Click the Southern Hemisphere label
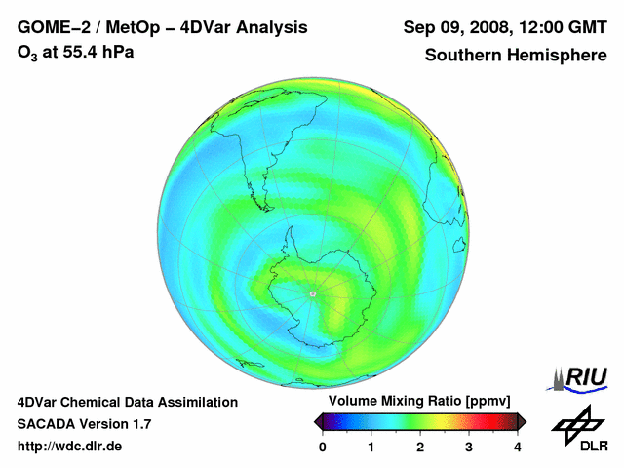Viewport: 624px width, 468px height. point(516,55)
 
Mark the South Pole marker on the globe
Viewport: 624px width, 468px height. point(313,292)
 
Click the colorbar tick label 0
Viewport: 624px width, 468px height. point(323,447)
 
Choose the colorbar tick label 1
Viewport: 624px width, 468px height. point(371,447)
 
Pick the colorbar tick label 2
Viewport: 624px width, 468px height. point(420,447)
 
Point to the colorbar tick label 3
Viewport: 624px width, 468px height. point(469,447)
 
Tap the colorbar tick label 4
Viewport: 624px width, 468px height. point(518,447)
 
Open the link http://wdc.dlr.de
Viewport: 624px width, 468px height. point(70,447)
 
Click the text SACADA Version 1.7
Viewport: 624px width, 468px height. point(84,424)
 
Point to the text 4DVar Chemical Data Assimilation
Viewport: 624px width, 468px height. point(127,402)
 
